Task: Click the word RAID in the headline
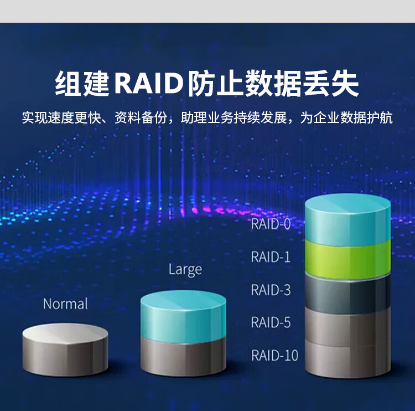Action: pyautogui.click(x=149, y=84)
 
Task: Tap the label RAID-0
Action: pyautogui.click(x=271, y=224)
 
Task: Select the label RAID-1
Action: pyautogui.click(x=271, y=257)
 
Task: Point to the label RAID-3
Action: pyautogui.click(x=271, y=290)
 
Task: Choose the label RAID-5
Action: pyautogui.click(x=271, y=322)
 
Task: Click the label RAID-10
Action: pyautogui.click(x=274, y=355)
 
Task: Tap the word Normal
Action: pyautogui.click(x=65, y=304)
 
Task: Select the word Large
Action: pyautogui.click(x=185, y=270)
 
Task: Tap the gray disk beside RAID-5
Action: pyautogui.click(x=348, y=326)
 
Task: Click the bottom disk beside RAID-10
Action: pyautogui.click(x=348, y=359)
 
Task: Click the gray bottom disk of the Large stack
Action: pyautogui.click(x=183, y=357)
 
